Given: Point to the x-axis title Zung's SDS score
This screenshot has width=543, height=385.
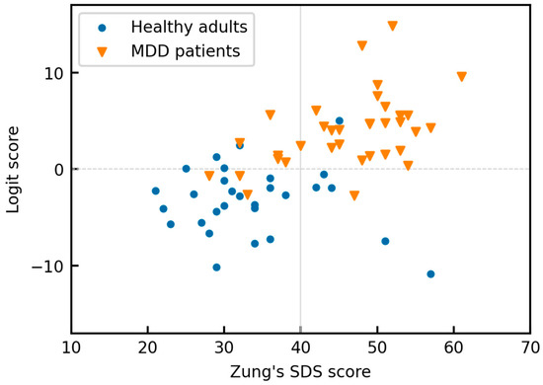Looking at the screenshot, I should coord(300,371).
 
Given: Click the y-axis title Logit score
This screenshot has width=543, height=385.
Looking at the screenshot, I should coord(15,169).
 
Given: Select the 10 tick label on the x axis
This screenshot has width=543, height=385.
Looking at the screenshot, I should coord(71,348).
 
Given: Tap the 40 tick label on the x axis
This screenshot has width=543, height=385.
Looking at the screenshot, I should coord(300,348).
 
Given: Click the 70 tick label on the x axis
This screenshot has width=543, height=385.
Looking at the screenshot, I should coord(530,348).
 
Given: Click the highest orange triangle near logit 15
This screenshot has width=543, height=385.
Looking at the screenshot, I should coord(392,26).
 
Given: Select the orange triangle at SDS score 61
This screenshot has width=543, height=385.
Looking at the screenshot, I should coord(461,76).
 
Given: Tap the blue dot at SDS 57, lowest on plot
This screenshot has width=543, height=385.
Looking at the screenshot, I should coord(430,274).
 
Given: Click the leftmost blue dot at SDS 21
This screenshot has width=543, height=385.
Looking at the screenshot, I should coord(155,191).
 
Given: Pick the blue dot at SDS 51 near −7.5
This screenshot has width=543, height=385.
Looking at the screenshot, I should coord(385,241).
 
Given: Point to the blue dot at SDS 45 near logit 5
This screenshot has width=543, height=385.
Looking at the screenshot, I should coord(339,120).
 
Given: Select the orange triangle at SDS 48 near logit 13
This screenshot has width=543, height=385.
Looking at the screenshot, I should coord(362,45).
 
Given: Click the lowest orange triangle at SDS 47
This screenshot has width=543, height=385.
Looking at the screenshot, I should coord(354,195).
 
